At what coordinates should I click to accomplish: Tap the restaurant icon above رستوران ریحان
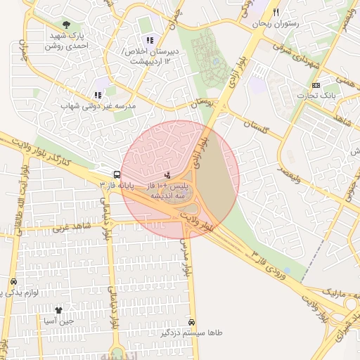point(276,13)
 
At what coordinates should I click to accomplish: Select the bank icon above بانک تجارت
point(315,85)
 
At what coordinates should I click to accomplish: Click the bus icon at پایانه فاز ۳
point(116,174)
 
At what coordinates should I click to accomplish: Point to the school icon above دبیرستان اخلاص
point(149,40)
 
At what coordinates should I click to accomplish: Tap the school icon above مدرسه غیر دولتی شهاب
point(98,95)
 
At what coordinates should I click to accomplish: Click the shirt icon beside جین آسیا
point(58,309)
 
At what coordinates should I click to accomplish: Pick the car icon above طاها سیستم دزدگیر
point(191,322)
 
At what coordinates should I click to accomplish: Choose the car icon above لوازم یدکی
point(13,282)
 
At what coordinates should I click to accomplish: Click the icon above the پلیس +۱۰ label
point(167,174)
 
